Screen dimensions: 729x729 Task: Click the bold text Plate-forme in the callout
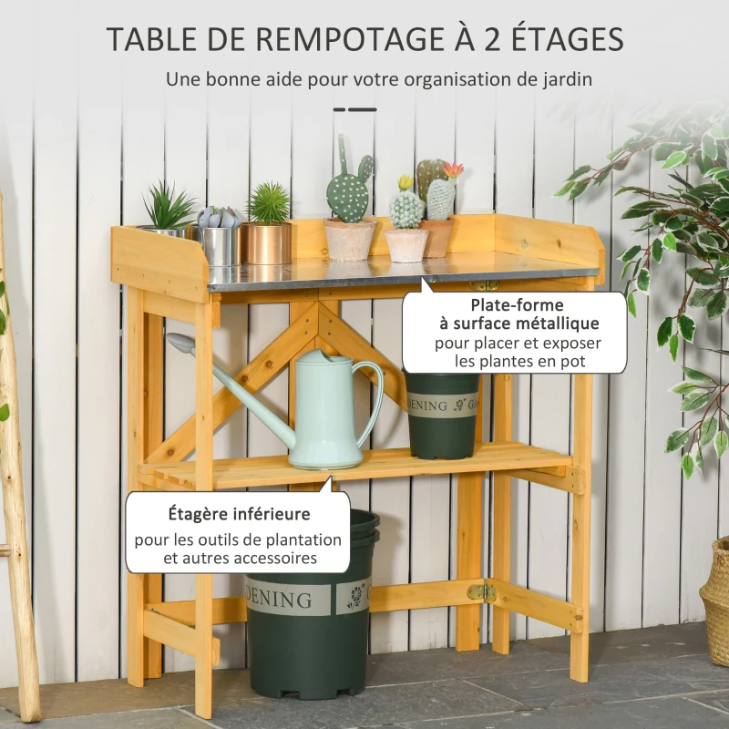tap(517, 305)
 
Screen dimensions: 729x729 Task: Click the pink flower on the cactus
tap(453, 170)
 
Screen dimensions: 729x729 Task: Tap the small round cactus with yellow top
tap(406, 206)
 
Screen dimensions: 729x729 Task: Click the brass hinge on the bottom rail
tap(481, 592)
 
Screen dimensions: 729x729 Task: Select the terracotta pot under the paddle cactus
tap(350, 240)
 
